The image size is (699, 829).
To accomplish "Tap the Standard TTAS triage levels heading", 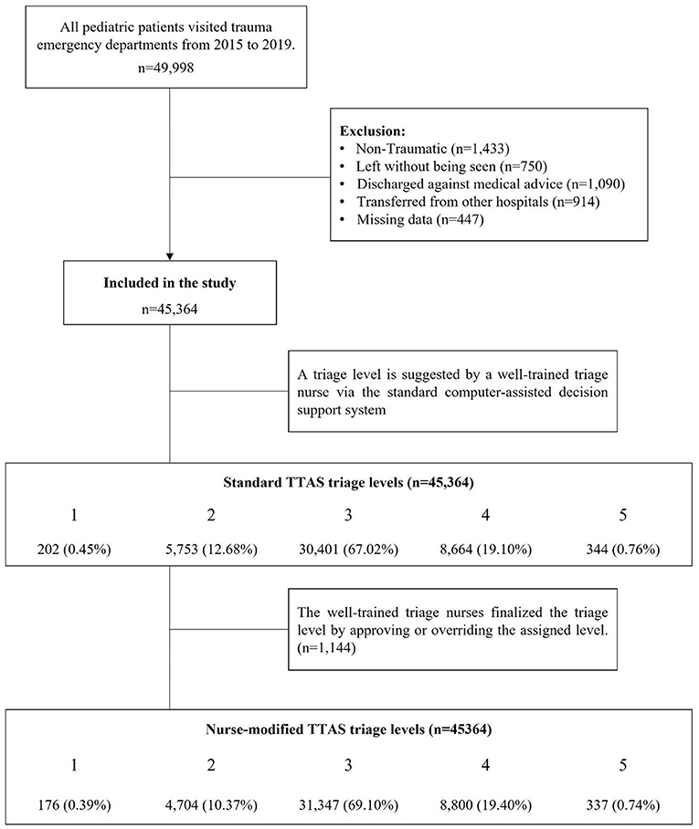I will click(x=349, y=484).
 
